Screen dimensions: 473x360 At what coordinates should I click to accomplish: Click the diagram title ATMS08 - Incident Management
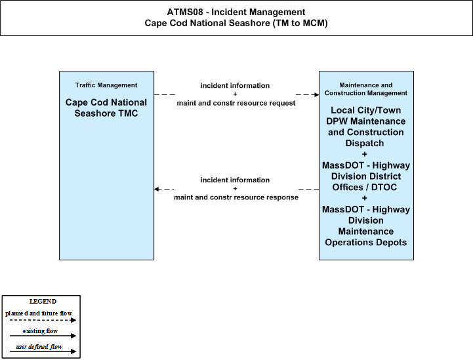click(236, 12)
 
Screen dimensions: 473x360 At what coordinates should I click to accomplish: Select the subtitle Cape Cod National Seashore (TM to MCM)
click(236, 23)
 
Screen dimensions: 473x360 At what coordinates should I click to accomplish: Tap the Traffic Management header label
click(106, 85)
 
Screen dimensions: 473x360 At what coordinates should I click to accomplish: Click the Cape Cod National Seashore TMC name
click(106, 108)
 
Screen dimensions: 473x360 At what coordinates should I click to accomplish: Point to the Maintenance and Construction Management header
click(366, 89)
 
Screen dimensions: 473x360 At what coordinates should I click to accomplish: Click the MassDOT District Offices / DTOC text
click(366, 176)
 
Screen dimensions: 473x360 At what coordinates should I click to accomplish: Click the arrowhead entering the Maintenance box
click(316, 94)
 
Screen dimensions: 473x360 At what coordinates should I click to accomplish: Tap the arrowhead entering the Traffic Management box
click(156, 189)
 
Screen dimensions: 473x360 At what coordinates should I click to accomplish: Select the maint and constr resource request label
click(236, 103)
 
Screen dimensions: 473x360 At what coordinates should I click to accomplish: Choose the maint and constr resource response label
click(236, 197)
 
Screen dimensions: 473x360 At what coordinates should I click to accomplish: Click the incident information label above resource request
click(235, 86)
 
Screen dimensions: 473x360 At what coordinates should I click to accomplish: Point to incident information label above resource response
click(235, 180)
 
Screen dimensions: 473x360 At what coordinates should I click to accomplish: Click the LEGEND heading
click(43, 302)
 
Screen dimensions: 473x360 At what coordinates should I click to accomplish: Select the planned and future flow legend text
click(39, 313)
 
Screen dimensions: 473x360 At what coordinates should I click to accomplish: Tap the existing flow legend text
click(40, 331)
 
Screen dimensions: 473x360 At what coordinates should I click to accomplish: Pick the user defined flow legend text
click(39, 347)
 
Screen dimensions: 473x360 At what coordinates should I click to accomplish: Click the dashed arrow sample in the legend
click(43, 320)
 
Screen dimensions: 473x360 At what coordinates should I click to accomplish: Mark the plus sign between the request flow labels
click(235, 94)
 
